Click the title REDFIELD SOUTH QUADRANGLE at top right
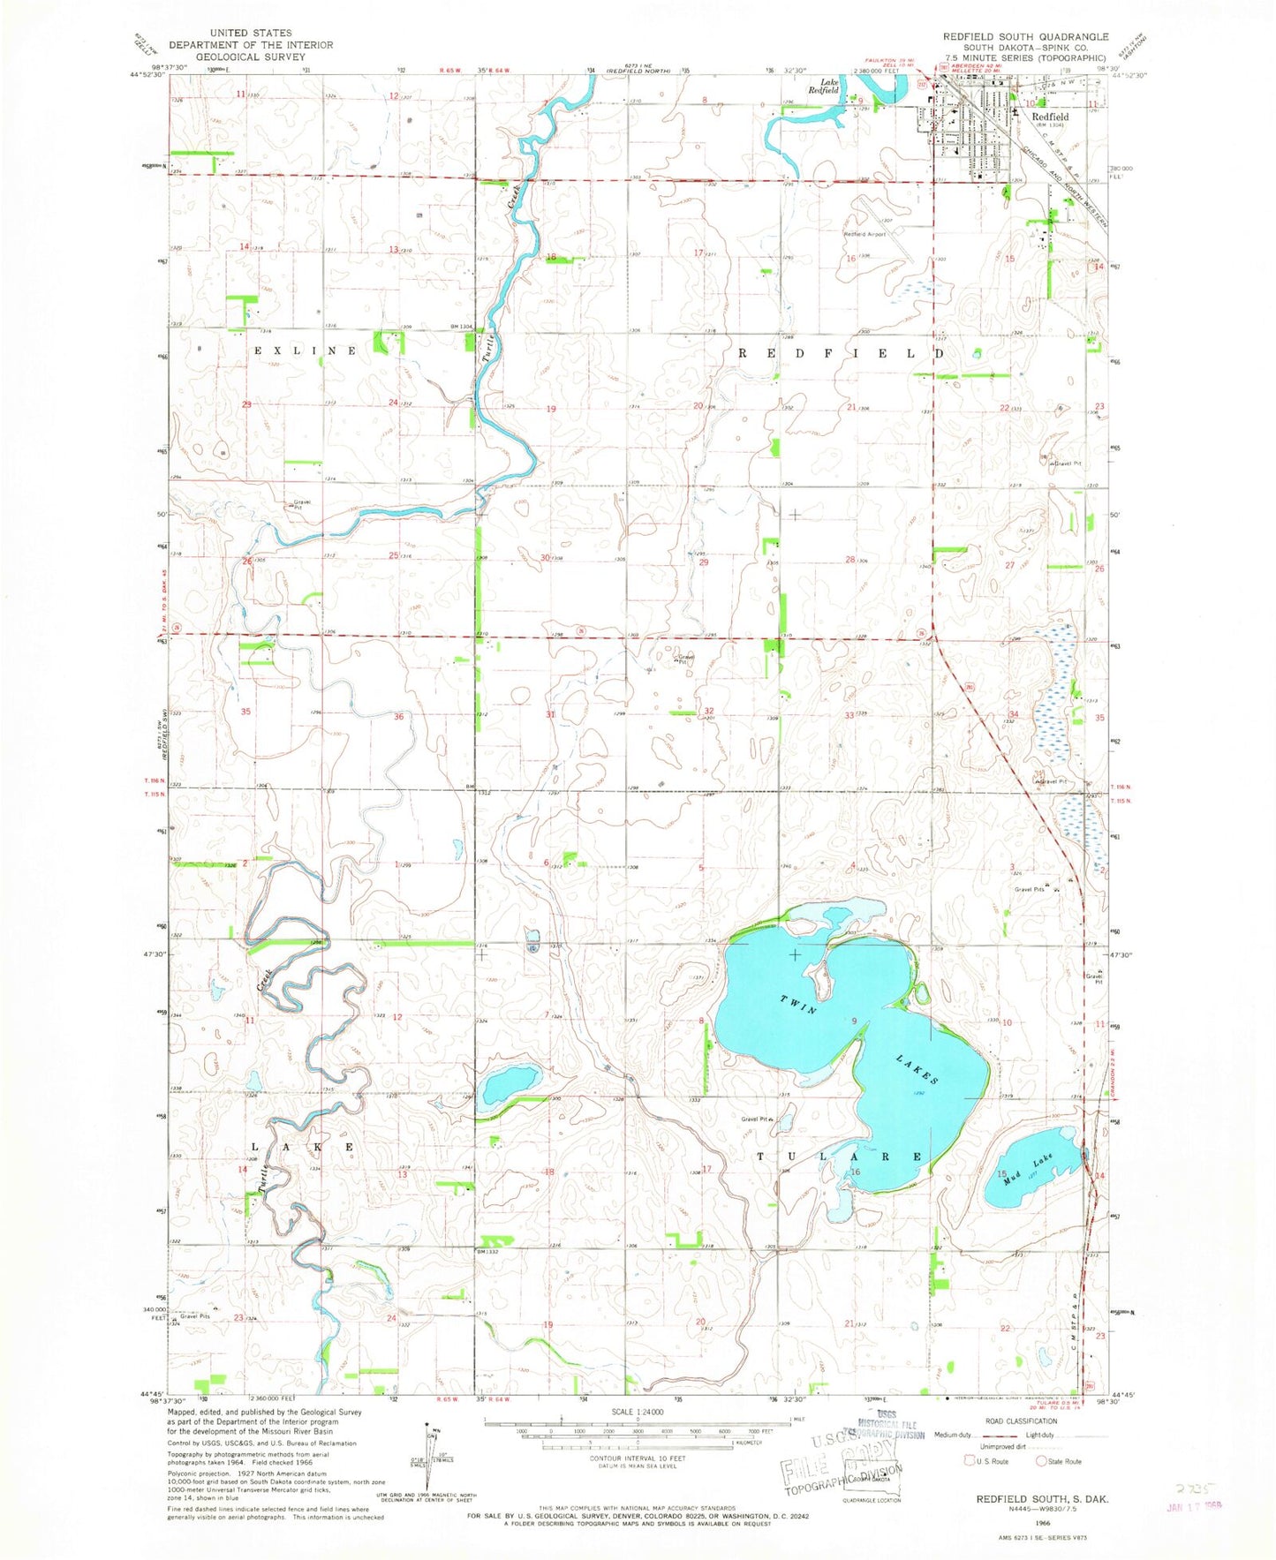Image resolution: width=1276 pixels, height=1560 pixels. click(x=1025, y=36)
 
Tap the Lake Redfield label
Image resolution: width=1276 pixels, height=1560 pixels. click(x=824, y=86)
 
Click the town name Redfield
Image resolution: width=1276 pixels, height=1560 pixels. click(x=1050, y=117)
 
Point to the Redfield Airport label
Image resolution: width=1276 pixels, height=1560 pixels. click(x=864, y=234)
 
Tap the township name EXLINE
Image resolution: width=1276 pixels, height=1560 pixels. click(x=306, y=350)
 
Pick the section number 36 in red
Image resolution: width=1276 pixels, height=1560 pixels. click(x=399, y=716)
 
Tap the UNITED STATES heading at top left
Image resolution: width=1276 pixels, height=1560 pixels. click(x=251, y=33)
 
